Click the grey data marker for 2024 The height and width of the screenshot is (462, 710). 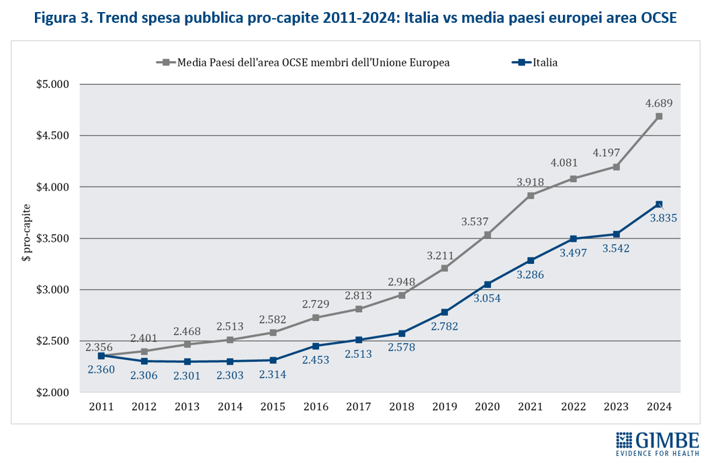pyautogui.click(x=659, y=116)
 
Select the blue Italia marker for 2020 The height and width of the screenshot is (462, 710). pyautogui.click(x=487, y=284)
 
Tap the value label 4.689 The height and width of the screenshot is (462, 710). pyautogui.click(x=659, y=103)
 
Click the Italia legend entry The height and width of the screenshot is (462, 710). pyautogui.click(x=535, y=62)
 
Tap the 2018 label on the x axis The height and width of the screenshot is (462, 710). pyautogui.click(x=402, y=406)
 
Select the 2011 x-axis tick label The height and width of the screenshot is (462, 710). pyautogui.click(x=101, y=406)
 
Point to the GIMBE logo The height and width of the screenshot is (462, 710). pyautogui.click(x=658, y=444)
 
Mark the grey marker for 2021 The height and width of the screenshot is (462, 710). pyautogui.click(x=531, y=195)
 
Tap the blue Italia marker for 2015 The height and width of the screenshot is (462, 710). pyautogui.click(x=272, y=360)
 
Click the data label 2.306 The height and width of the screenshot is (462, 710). pyautogui.click(x=144, y=375)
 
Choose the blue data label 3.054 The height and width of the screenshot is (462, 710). pyautogui.click(x=488, y=298)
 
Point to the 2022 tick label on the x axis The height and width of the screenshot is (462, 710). pyautogui.click(x=573, y=406)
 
